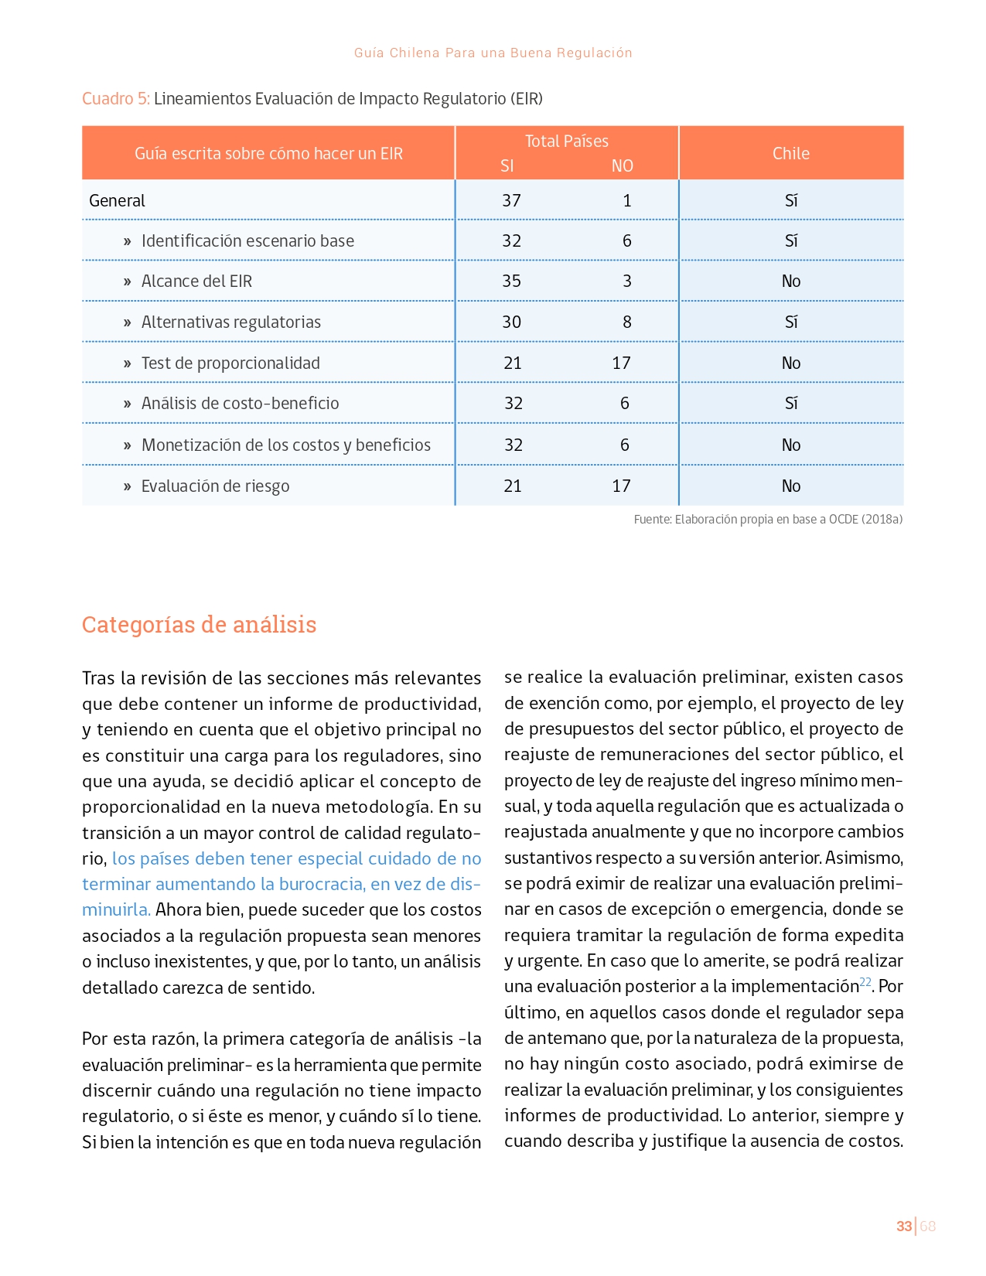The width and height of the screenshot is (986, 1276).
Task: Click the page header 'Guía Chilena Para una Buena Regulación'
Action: point(493,53)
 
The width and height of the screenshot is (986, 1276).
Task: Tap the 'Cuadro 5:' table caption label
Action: point(116,99)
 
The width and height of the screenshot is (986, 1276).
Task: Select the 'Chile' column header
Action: point(790,153)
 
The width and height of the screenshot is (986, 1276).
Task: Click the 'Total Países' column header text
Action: point(566,141)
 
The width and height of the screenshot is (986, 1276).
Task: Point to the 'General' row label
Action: point(118,201)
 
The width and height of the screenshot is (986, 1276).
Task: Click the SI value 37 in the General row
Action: point(511,201)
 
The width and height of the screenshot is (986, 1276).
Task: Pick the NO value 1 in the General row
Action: point(627,201)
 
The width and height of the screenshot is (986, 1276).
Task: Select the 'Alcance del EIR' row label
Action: point(196,281)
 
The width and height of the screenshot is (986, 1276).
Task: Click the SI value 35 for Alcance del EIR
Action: point(511,281)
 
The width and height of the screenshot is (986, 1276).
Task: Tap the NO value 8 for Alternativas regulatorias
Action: point(627,322)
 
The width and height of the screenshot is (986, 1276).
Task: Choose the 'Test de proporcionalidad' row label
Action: point(230,363)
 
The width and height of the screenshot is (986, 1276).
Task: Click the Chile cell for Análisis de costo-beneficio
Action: point(791,404)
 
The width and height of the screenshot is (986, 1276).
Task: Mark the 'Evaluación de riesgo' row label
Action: point(215,486)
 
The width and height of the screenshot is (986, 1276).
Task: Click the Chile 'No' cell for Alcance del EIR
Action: point(791,281)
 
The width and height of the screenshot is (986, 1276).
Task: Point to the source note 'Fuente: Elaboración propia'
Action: point(768,520)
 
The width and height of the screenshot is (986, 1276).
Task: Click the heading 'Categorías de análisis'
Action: point(199,625)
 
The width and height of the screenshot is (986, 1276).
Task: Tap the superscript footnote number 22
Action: point(865,982)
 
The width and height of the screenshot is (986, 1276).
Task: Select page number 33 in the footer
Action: point(903,1227)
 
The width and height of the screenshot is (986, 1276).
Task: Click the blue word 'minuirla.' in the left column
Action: point(116,910)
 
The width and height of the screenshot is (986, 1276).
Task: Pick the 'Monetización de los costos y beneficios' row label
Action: point(285,445)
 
